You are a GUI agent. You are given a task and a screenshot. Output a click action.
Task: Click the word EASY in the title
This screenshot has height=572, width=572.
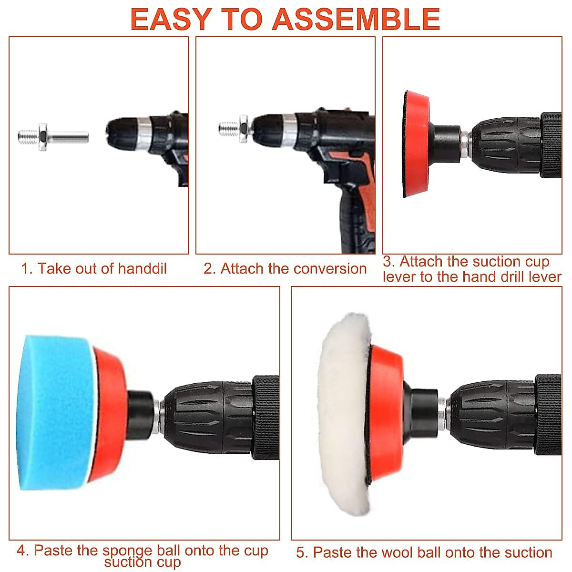click(x=170, y=19)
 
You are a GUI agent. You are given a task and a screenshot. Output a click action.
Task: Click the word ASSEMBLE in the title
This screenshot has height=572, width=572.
click(x=358, y=19)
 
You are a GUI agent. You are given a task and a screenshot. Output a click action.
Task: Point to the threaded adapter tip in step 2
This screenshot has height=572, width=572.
click(x=228, y=128)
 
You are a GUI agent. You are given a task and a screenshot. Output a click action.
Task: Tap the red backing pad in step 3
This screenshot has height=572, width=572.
click(x=417, y=143)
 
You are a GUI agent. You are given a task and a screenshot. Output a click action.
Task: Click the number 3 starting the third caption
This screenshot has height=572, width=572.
click(x=388, y=262)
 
